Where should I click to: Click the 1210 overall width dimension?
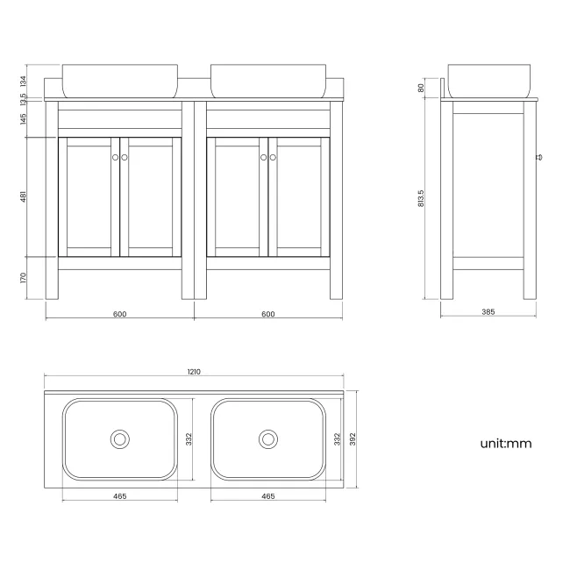tap(194, 372)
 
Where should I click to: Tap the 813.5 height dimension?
tap(422, 199)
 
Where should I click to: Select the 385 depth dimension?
tap(488, 311)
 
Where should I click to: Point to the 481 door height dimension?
tap(24, 197)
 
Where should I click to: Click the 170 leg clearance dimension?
tap(24, 278)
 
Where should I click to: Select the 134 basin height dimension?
tap(24, 81)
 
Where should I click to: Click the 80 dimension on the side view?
tap(422, 88)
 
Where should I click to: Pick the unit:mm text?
tap(506, 443)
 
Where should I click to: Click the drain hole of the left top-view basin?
tap(119, 438)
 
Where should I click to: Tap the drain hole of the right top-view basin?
tap(267, 438)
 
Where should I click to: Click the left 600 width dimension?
tap(119, 313)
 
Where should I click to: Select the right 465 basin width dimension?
tap(268, 496)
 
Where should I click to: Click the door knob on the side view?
tap(539, 158)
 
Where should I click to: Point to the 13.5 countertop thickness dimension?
tap(24, 98)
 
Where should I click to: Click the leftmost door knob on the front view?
tap(115, 157)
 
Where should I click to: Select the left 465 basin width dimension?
tap(120, 496)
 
